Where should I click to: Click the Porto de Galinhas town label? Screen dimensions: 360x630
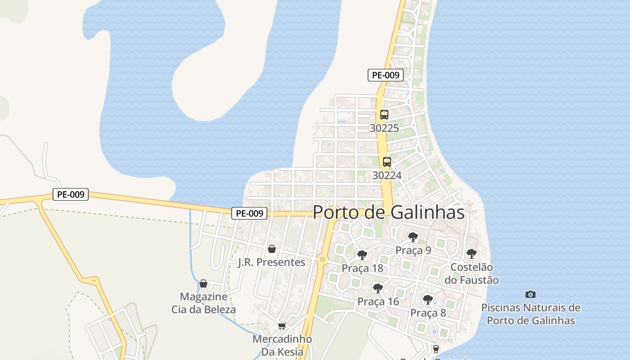pos(388,212)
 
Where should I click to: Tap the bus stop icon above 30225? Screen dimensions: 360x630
pos(384,115)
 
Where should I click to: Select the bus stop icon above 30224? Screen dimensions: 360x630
pos(387,162)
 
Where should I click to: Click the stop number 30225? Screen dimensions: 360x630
pos(384,128)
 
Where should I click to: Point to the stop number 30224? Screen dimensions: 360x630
pos(387,175)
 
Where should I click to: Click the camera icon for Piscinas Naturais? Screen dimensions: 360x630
pos(531,294)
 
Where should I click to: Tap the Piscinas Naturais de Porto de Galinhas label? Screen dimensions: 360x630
pos(531,314)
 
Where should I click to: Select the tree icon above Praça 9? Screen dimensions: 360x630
pos(413,237)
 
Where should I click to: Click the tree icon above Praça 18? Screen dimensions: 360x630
pos(362,255)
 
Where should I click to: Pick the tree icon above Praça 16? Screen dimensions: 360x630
pos(378,288)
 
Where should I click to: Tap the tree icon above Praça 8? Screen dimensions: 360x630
pos(427,299)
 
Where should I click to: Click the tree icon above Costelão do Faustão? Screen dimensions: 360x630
pos(471,254)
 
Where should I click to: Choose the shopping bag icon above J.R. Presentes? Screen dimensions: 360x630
pos(271,249)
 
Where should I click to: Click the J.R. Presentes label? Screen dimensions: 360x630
pos(271,262)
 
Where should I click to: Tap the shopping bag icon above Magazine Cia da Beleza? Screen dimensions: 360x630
pos(203,283)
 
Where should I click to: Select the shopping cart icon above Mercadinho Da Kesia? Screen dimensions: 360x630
pos(282,326)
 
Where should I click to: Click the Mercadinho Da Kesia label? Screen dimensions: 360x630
pos(282,345)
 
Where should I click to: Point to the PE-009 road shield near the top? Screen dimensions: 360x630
pos(385,75)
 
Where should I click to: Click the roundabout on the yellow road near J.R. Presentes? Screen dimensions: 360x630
pos(322,259)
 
